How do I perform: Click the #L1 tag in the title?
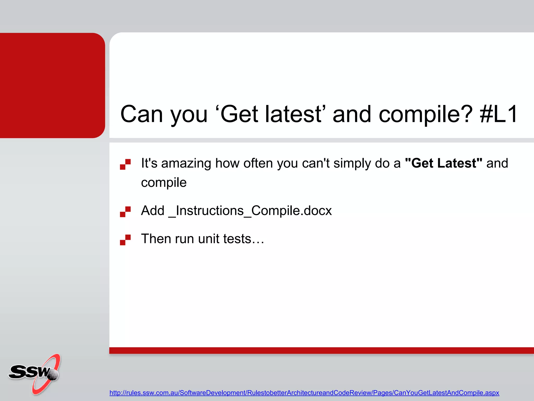(499, 114)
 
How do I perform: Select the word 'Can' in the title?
(142, 114)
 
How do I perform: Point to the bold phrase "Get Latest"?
(444, 163)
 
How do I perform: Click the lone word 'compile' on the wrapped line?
(164, 182)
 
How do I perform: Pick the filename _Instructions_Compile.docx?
(250, 211)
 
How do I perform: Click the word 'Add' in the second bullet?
(153, 210)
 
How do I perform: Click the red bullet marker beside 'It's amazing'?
(125, 164)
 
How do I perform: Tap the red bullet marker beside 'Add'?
(125, 212)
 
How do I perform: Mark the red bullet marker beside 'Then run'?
(125, 240)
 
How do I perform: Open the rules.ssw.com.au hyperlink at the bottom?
(304, 393)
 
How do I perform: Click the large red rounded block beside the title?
(52, 85)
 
